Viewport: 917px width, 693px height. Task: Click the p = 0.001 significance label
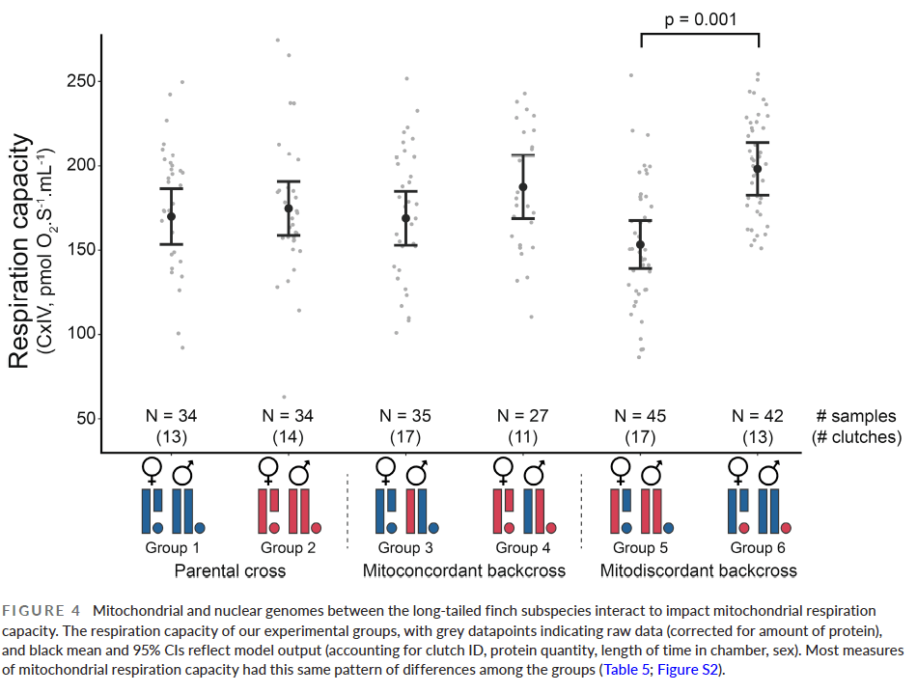pyautogui.click(x=699, y=18)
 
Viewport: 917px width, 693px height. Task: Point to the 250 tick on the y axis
pyautogui.click(x=80, y=81)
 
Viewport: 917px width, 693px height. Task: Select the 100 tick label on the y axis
pyautogui.click(x=80, y=334)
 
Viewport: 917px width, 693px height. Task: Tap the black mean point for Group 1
pyautogui.click(x=171, y=216)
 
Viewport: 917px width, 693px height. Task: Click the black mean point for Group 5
pyautogui.click(x=640, y=244)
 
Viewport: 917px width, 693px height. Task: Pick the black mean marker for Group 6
pyautogui.click(x=758, y=169)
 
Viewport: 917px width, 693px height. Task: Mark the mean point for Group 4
pyautogui.click(x=523, y=187)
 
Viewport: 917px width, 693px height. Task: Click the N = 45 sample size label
pyautogui.click(x=640, y=416)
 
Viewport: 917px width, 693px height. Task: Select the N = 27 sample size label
pyautogui.click(x=522, y=416)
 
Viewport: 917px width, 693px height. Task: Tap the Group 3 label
pyautogui.click(x=405, y=548)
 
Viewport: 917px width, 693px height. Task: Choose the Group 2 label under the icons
pyautogui.click(x=288, y=548)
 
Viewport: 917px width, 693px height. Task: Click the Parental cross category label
pyautogui.click(x=230, y=570)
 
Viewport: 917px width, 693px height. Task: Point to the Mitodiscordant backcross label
pyautogui.click(x=699, y=570)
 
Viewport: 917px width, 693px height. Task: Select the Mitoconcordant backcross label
pyautogui.click(x=464, y=570)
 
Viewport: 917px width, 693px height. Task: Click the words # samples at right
pyautogui.click(x=855, y=416)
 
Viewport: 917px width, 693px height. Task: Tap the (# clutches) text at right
pyautogui.click(x=855, y=437)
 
